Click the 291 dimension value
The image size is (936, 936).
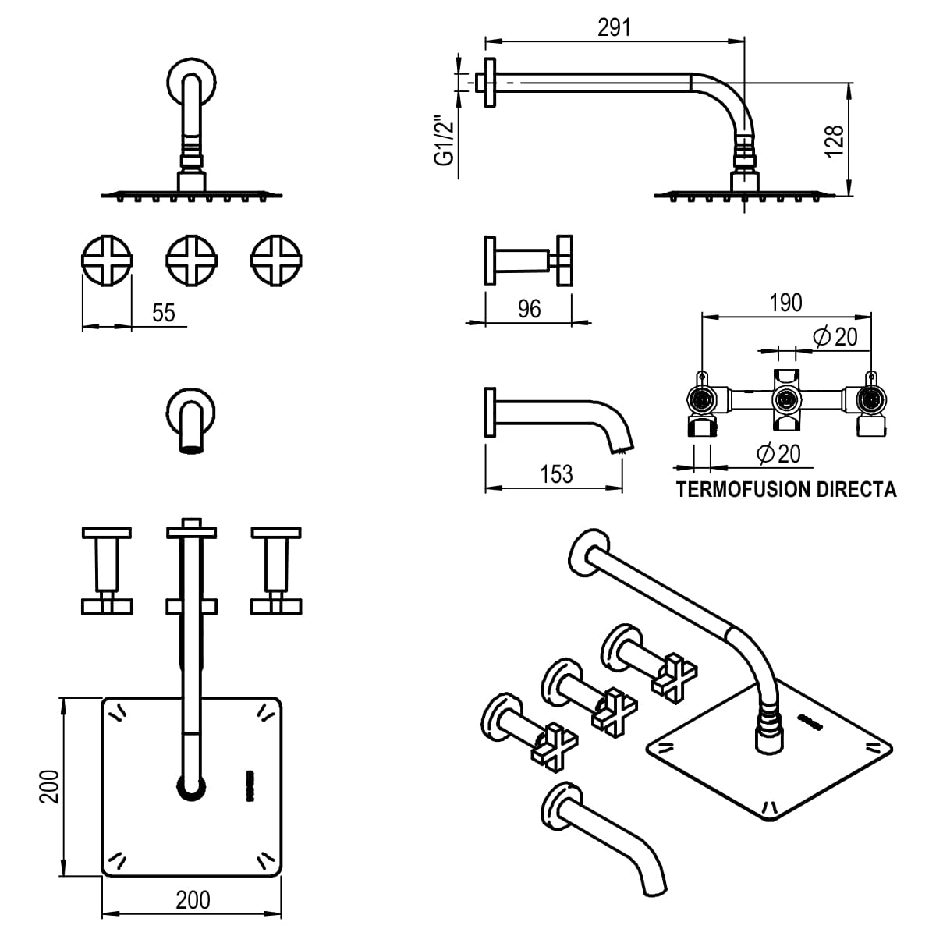[x=614, y=27]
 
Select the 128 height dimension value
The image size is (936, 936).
[x=834, y=141]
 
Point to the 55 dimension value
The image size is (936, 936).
[x=164, y=313]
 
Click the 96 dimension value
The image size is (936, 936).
[x=529, y=309]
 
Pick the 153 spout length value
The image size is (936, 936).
[x=556, y=473]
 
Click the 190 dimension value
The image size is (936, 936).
[x=785, y=303]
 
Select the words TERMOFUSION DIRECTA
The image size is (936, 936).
[x=786, y=490]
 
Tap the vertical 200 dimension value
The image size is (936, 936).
[x=49, y=786]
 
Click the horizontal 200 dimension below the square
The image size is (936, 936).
[x=192, y=899]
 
